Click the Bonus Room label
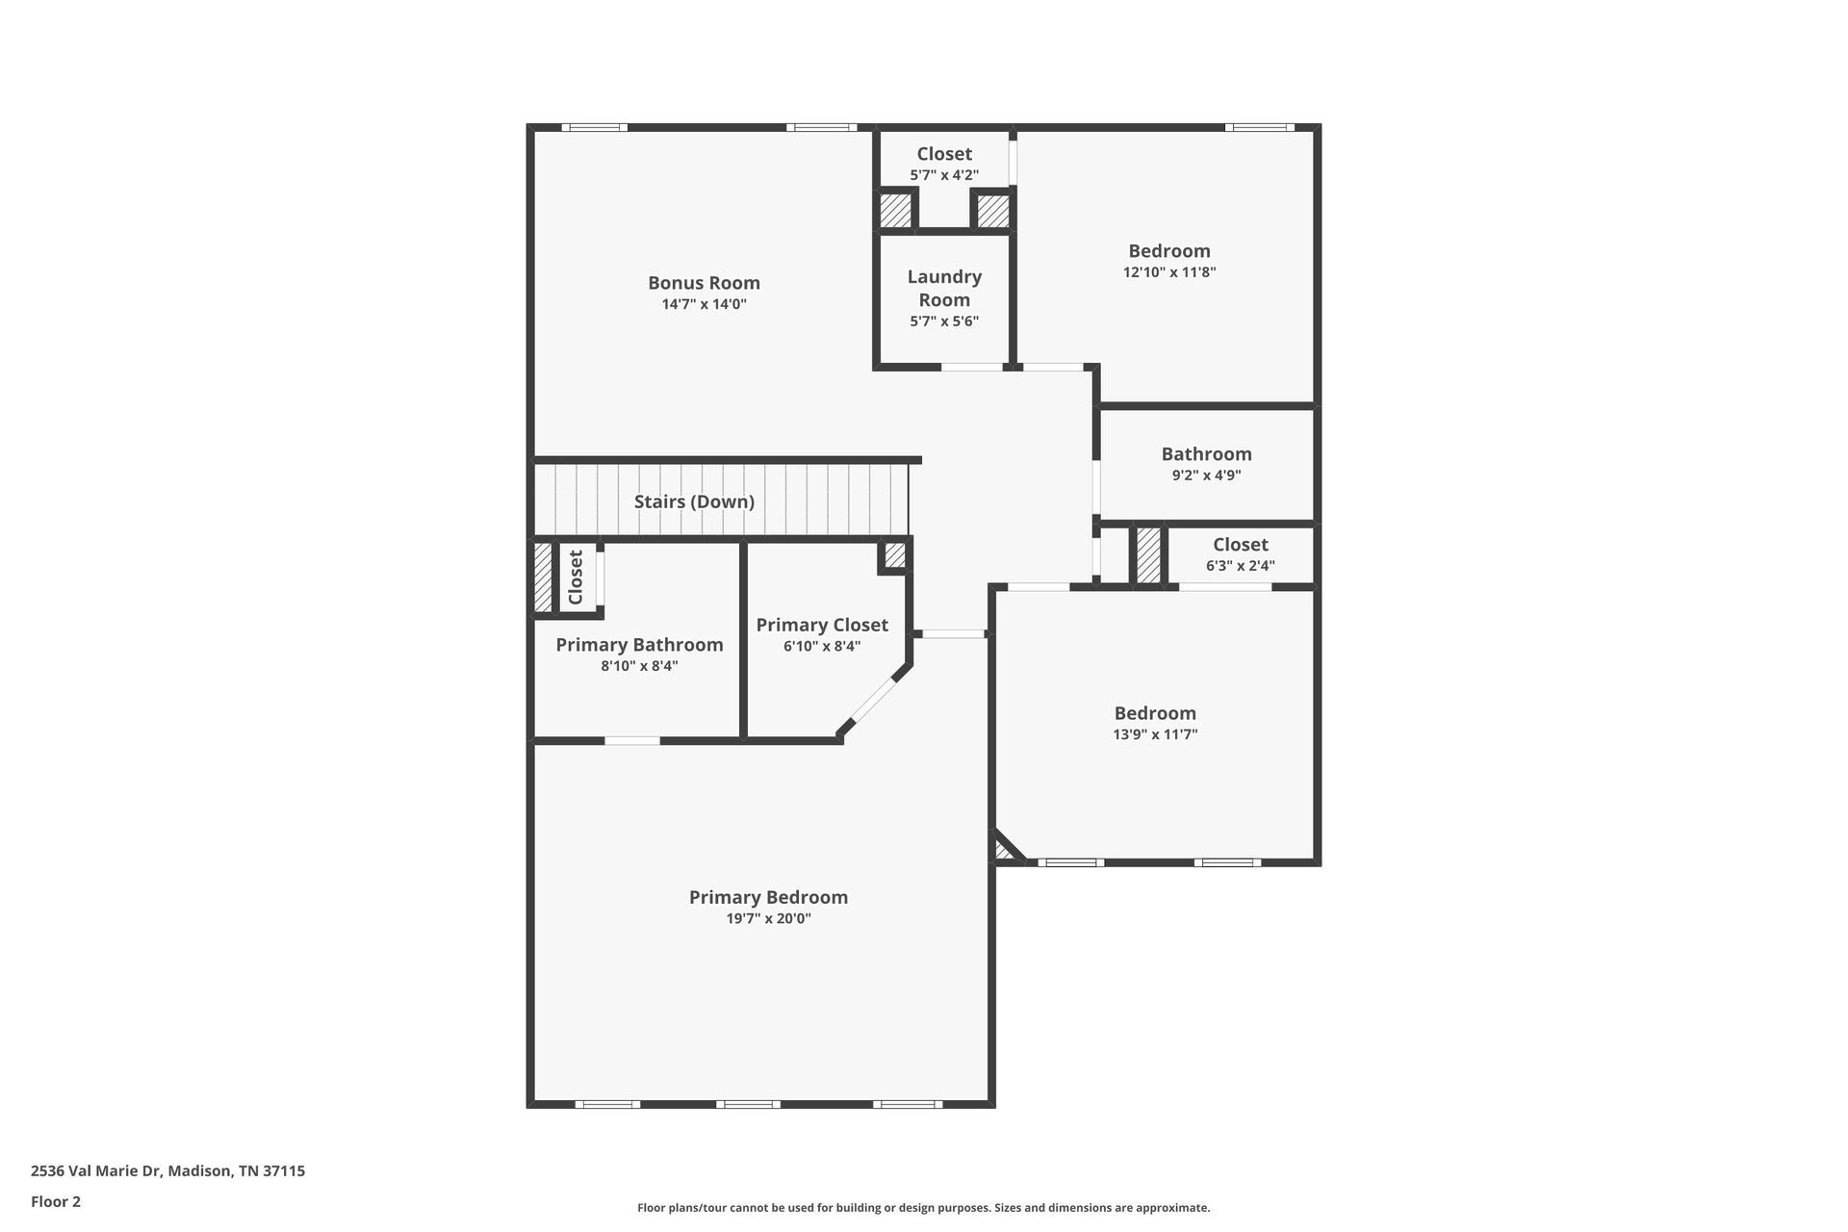tap(704, 283)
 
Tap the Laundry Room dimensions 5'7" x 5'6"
tap(944, 321)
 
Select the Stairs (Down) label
tap(694, 501)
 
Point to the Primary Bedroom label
tap(768, 897)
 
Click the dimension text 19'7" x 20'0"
tap(768, 919)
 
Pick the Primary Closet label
tap(822, 625)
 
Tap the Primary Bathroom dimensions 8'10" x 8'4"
tap(639, 666)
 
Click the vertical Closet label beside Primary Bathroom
tap(576, 577)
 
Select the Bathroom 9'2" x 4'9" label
tap(1206, 463)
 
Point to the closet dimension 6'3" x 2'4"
tap(1241, 566)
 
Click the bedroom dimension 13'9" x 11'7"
tap(1155, 734)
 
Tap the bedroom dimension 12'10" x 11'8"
tap(1169, 272)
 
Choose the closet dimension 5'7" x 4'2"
tap(944, 175)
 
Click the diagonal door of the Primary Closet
tap(874, 701)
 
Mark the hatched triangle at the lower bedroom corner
tap(1005, 849)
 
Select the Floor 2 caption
tap(56, 1201)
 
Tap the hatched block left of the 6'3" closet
tap(1148, 554)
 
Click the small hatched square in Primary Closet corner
tap(895, 555)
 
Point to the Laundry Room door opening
tap(972, 367)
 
